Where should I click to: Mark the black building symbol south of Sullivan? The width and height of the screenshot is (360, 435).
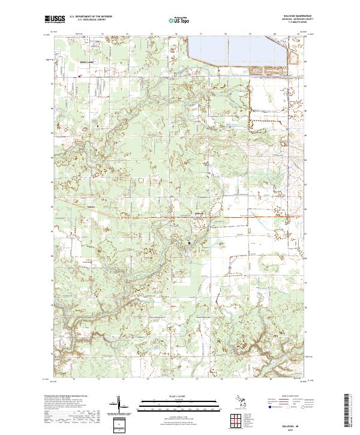coord(190,243)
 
